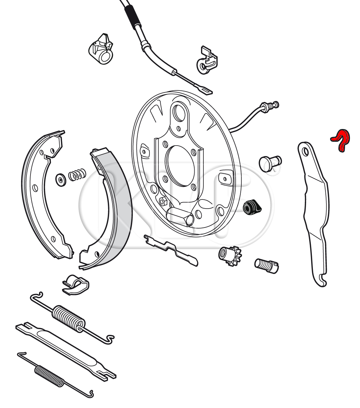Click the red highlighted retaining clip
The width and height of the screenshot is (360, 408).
click(341, 140)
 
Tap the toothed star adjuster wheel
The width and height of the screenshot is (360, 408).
click(230, 255)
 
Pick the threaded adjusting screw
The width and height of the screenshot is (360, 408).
click(266, 266)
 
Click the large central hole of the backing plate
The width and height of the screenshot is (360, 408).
click(180, 166)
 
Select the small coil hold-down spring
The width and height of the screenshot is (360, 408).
click(77, 175)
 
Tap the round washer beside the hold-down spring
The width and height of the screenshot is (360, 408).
click(61, 180)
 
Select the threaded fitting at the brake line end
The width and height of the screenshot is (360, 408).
click(269, 106)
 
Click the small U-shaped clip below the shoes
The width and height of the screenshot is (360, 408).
click(76, 285)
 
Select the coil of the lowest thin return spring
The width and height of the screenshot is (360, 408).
click(49, 377)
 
